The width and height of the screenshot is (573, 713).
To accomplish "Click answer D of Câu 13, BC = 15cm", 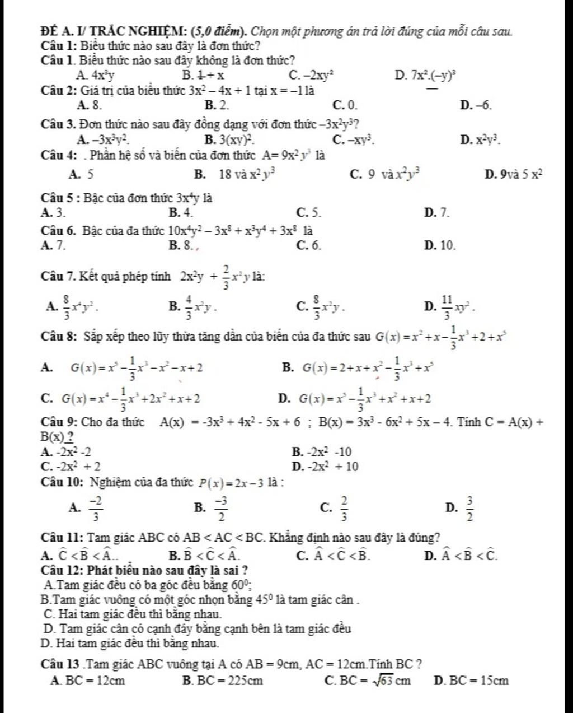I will [x=472, y=681].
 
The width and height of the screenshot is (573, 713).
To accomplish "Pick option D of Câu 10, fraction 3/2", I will [x=463, y=507].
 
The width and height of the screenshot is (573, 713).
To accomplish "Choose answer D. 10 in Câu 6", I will [x=440, y=245].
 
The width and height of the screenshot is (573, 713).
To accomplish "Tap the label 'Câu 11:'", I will [x=63, y=538].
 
